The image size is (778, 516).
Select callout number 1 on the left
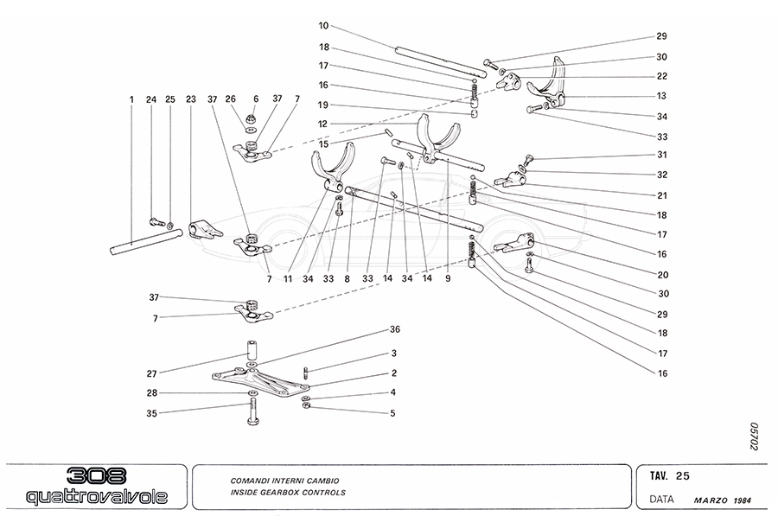pyautogui.click(x=131, y=99)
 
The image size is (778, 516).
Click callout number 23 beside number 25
pyautogui.click(x=191, y=99)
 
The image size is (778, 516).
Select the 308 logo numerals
pyautogui.click(x=96, y=476)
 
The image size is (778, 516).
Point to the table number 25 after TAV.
pyautogui.click(x=682, y=475)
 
